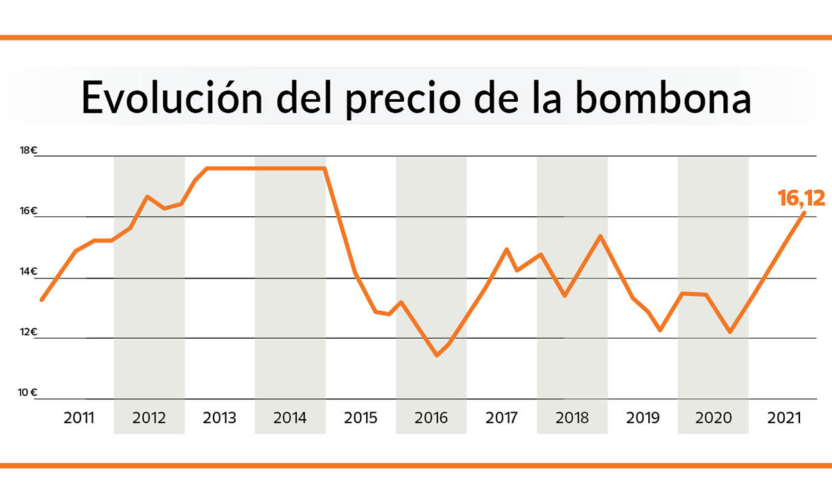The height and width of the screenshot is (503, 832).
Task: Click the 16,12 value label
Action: (x=801, y=199)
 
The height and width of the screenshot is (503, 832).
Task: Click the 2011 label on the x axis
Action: (x=79, y=418)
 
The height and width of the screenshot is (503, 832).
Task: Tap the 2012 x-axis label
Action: (x=149, y=418)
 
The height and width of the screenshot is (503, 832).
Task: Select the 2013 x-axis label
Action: (x=220, y=418)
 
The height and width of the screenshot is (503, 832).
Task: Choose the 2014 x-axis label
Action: (x=290, y=418)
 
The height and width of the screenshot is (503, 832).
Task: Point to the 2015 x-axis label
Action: (x=361, y=418)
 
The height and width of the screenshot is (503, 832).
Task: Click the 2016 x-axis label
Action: (x=431, y=418)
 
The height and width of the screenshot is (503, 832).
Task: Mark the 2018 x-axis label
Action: (x=572, y=418)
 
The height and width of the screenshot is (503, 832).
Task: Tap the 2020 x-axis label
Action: (x=713, y=418)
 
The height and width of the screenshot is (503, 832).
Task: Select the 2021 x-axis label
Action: (x=784, y=418)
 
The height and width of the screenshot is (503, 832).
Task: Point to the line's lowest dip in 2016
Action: (x=437, y=355)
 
